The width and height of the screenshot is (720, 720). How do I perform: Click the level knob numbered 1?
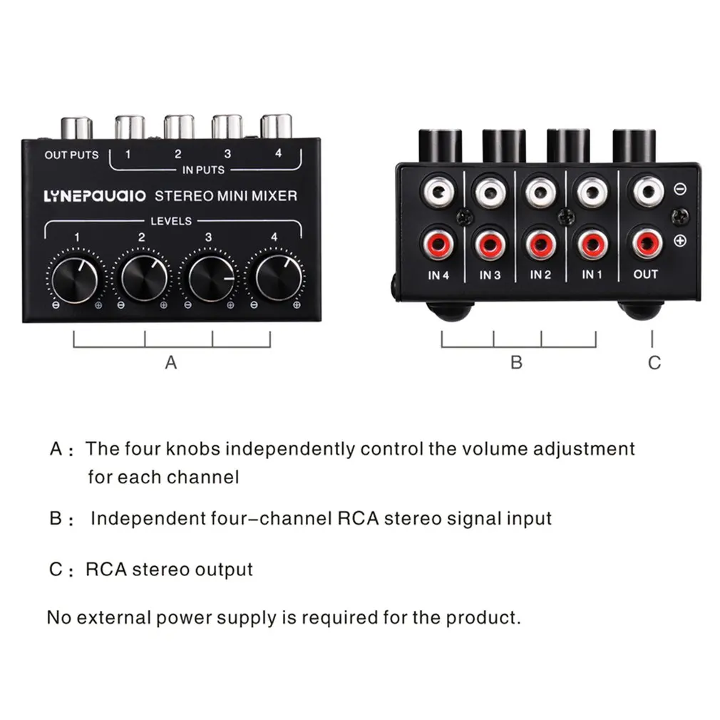click(75, 279)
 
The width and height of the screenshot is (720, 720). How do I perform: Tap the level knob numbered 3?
click(211, 278)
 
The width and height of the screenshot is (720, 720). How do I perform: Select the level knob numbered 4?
click(279, 278)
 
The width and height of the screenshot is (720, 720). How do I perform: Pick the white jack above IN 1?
click(592, 192)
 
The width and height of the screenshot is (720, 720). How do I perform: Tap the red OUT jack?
click(647, 243)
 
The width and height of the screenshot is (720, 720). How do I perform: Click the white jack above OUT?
click(648, 191)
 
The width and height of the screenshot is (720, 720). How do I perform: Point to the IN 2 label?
click(540, 274)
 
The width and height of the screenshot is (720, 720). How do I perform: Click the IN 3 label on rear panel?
click(490, 275)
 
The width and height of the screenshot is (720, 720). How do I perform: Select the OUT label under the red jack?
click(646, 274)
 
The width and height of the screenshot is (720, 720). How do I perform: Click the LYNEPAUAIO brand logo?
click(95, 196)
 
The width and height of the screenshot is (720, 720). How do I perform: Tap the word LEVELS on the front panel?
click(171, 221)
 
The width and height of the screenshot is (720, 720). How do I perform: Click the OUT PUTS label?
click(71, 155)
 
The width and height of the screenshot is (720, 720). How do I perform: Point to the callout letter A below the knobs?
click(171, 362)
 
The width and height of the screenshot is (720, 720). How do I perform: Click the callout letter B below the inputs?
click(517, 362)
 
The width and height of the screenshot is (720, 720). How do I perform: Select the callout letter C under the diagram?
click(654, 363)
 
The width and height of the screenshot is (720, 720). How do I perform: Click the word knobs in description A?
click(193, 448)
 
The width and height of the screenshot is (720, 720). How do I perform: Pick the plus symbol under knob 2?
click(163, 305)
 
